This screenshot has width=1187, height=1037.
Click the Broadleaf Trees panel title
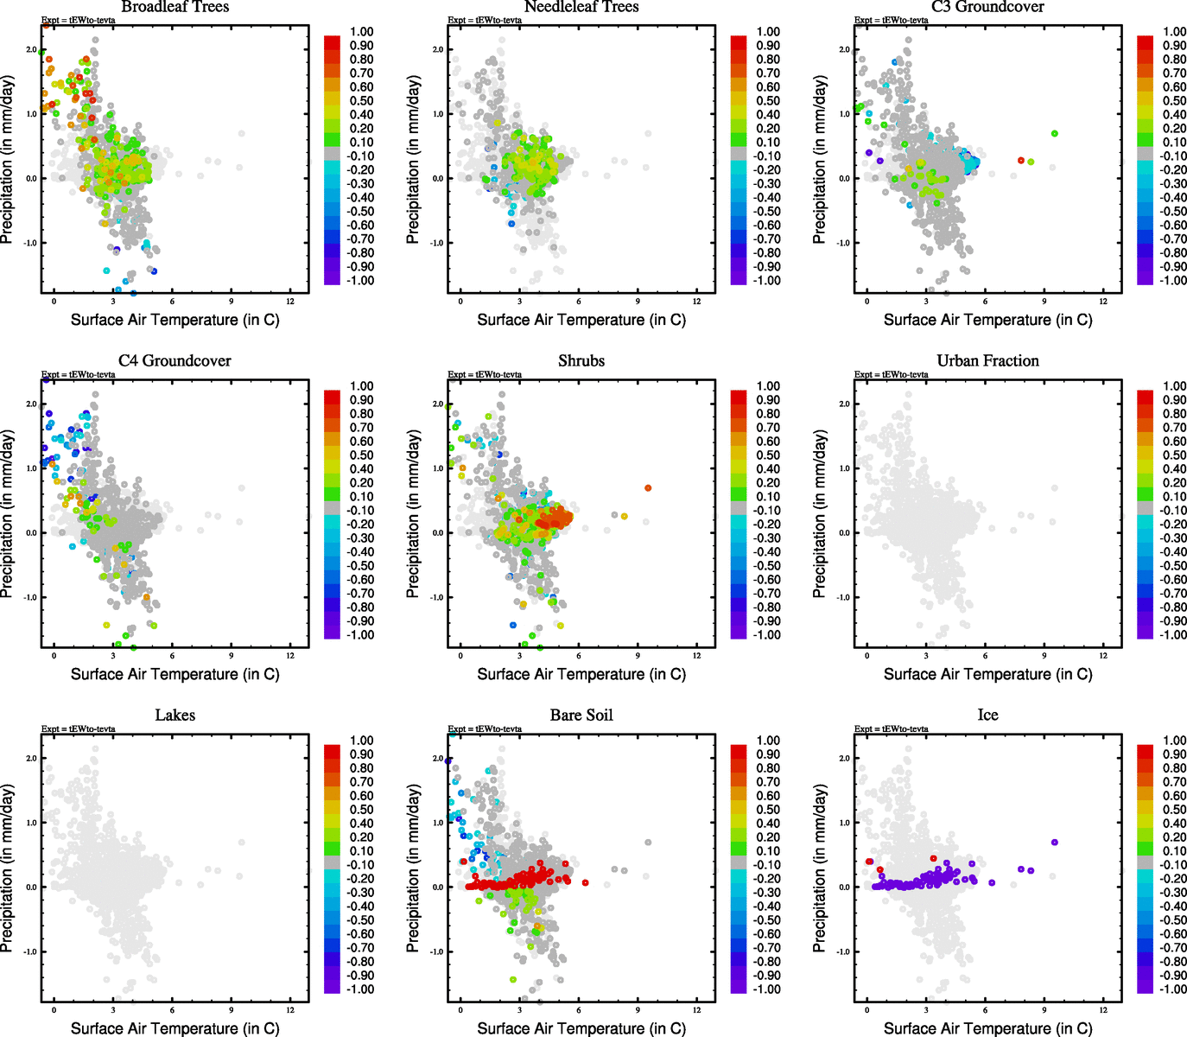[x=175, y=7]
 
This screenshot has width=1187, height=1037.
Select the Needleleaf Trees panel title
[x=581, y=7]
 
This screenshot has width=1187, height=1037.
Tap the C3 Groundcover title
[x=987, y=7]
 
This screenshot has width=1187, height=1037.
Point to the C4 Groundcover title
[x=175, y=361]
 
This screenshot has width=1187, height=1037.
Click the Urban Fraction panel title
[x=987, y=361]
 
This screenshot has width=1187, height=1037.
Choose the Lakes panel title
[x=175, y=716]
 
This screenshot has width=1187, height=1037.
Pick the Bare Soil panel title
[x=581, y=716]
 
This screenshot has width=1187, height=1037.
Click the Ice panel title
[x=987, y=716]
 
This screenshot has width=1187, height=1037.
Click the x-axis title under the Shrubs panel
[x=581, y=674]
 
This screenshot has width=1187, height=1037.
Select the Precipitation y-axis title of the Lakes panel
[x=8, y=868]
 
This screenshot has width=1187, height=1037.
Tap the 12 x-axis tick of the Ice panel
[x=1103, y=1009]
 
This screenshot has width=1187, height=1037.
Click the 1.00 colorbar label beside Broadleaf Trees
[x=361, y=32]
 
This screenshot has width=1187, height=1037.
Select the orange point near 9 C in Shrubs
[x=648, y=488]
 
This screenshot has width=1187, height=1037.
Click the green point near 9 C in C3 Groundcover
[x=1054, y=134]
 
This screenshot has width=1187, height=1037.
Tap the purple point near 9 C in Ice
[x=1054, y=843]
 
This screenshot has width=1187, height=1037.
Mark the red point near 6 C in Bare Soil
[x=585, y=883]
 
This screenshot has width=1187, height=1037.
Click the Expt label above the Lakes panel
[x=79, y=729]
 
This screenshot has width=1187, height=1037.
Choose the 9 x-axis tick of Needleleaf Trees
[x=638, y=301]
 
